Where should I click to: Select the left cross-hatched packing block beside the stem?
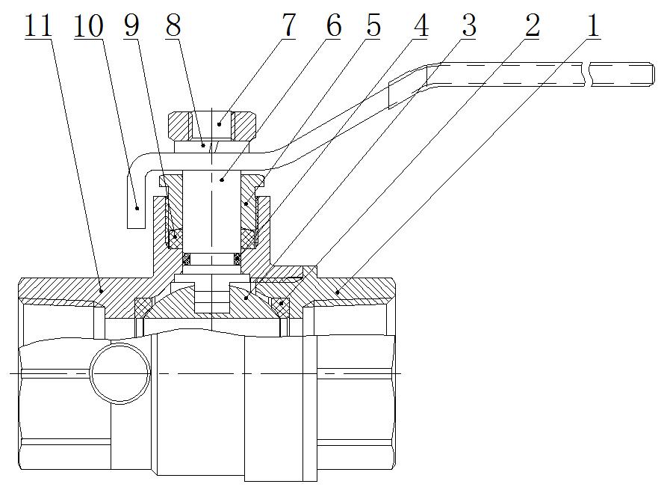point(176,238)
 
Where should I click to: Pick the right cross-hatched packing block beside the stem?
point(247,238)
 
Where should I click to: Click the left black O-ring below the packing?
point(188,259)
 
